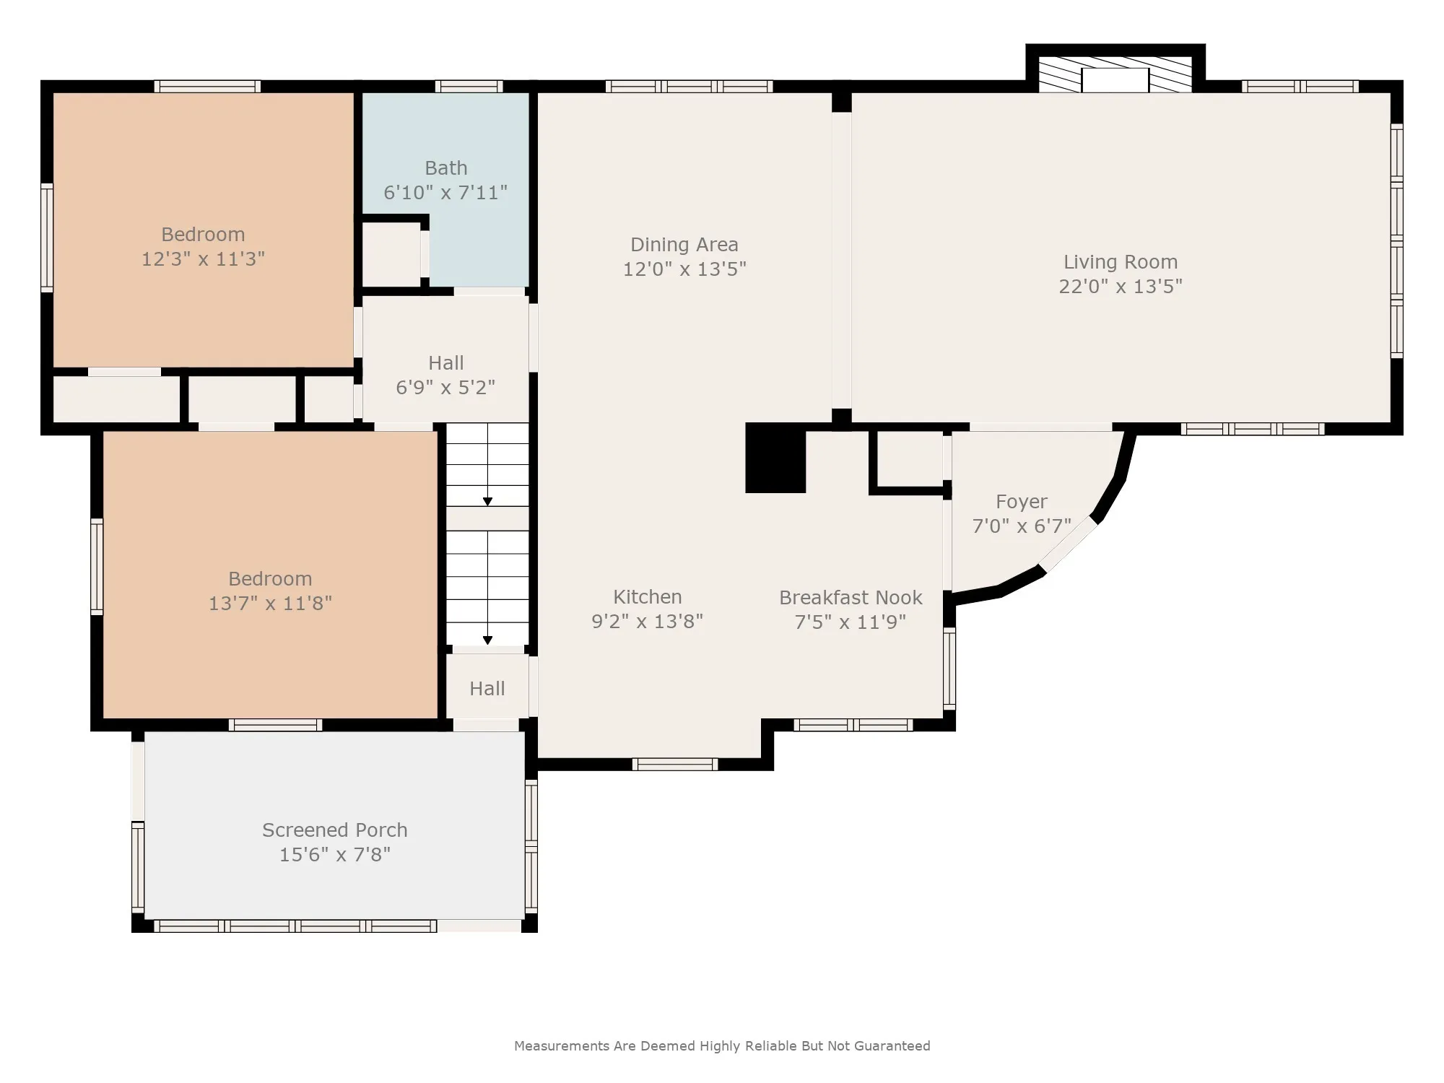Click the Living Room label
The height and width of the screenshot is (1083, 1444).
(x=1121, y=262)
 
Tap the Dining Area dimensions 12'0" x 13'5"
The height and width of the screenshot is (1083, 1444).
(x=684, y=269)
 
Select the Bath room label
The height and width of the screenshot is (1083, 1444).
(x=446, y=168)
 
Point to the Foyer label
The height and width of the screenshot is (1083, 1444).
(x=1022, y=502)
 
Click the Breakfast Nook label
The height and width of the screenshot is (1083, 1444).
(x=851, y=598)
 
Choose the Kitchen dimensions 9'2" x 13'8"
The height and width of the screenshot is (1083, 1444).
(x=647, y=622)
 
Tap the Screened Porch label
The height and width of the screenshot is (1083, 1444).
(x=335, y=830)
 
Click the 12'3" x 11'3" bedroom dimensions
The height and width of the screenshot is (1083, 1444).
(x=203, y=259)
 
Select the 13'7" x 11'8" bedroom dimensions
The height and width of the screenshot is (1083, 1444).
(x=270, y=603)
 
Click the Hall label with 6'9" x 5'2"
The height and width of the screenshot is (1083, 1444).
(x=446, y=363)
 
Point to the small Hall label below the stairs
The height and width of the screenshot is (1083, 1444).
(x=487, y=689)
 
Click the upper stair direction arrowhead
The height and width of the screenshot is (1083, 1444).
(x=487, y=502)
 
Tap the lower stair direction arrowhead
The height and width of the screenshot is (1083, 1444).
(x=487, y=640)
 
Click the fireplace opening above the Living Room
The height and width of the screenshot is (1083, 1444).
(x=1115, y=80)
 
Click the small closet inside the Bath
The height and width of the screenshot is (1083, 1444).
(x=391, y=255)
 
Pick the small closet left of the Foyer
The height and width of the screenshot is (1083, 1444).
(x=910, y=458)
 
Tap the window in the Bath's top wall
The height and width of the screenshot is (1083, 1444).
(x=469, y=87)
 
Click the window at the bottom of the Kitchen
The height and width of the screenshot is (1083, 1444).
(x=675, y=764)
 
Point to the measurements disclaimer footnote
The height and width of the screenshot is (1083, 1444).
(x=722, y=1046)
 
